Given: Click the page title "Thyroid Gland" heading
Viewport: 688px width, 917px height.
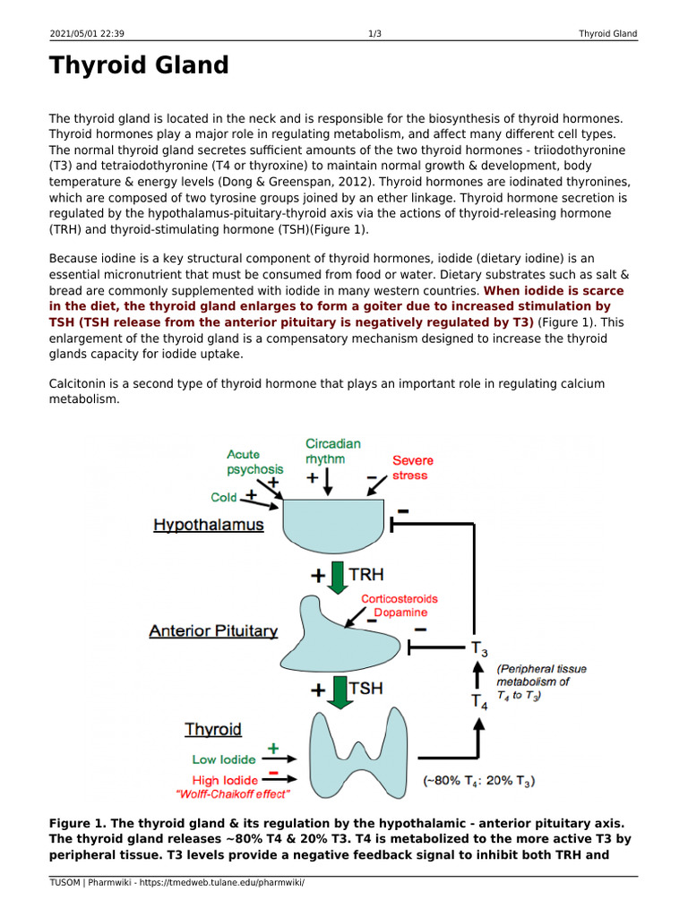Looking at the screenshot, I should [139, 66].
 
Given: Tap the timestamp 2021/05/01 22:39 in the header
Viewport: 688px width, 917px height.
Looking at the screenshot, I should [86, 34].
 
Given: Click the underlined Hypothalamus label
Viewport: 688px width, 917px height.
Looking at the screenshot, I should [208, 525].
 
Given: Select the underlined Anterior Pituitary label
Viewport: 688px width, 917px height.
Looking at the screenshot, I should [213, 630].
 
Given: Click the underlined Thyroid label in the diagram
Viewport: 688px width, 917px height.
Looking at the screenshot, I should [213, 730].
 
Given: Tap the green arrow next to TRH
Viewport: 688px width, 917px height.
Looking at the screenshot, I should [338, 578].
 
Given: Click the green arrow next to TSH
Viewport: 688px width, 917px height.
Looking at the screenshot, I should [338, 690].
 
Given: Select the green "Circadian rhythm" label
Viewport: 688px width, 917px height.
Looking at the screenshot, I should [332, 451].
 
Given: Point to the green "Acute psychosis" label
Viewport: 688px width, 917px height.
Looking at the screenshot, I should [254, 462].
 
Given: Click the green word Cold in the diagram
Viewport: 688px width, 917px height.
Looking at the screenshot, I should [224, 497].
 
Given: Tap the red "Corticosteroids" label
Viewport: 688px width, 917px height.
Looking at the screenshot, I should [399, 599].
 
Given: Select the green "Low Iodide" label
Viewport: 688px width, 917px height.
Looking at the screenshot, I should [224, 759].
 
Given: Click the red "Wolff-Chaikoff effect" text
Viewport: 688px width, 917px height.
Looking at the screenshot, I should [233, 793].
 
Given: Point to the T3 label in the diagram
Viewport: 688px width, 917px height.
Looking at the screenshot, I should [479, 648].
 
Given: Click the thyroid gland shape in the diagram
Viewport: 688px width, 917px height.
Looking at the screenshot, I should [357, 752].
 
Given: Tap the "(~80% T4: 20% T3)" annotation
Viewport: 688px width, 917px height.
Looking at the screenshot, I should [478, 782].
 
